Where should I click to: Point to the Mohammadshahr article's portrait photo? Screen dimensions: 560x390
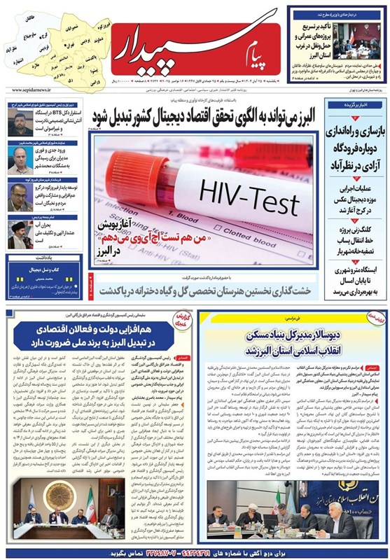[x=19, y=161]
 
